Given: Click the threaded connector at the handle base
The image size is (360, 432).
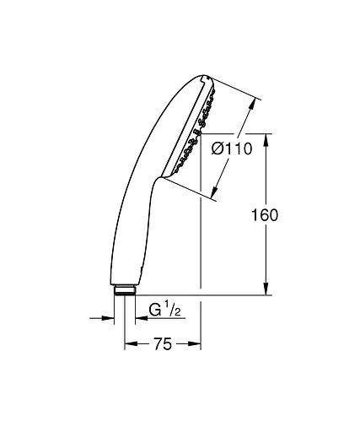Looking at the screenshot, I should [x=125, y=291].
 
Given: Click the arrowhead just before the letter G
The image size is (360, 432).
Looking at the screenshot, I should [x=139, y=318].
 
